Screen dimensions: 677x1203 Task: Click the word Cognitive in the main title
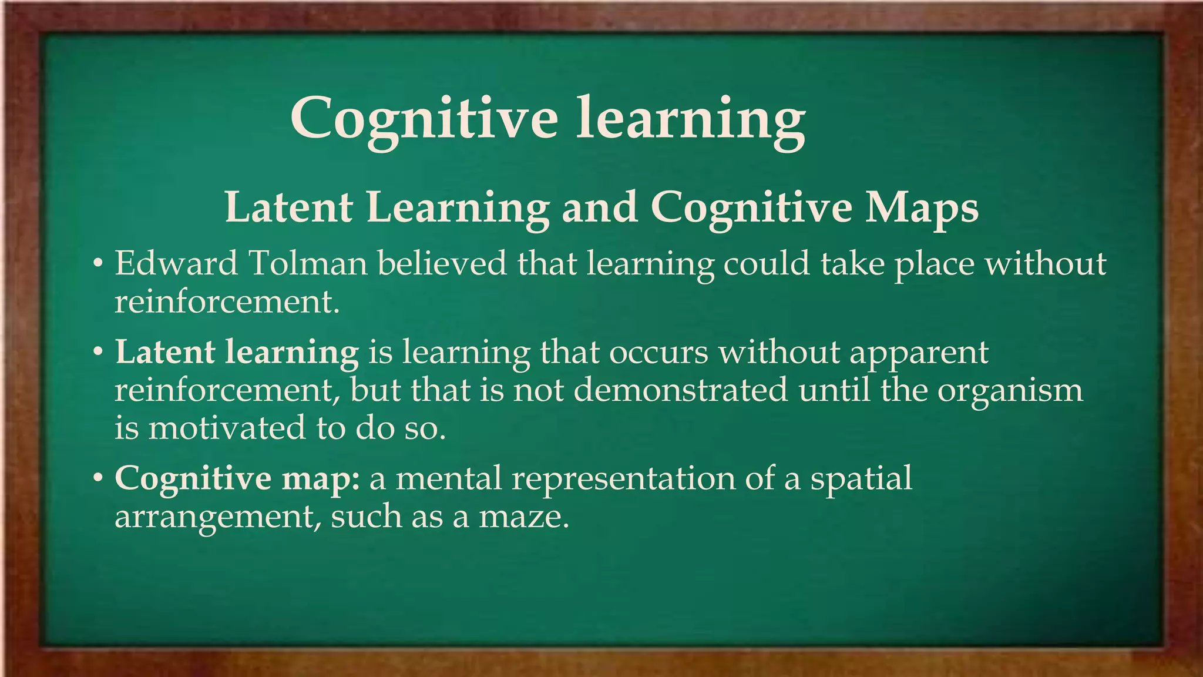pyautogui.click(x=424, y=119)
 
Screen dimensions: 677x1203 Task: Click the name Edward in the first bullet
pyautogui.click(x=176, y=263)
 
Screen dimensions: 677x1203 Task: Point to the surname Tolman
pyautogui.click(x=308, y=263)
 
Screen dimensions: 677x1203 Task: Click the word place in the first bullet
pyautogui.click(x=935, y=264)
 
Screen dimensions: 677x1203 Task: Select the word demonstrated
pyautogui.click(x=681, y=390)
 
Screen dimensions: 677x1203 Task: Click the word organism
pyautogui.click(x=1010, y=391)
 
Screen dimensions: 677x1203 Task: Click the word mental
pyautogui.click(x=449, y=478)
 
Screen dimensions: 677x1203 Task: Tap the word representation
pyautogui.click(x=623, y=479)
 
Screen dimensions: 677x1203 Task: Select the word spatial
pyautogui.click(x=861, y=479)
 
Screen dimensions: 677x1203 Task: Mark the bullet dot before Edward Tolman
pyautogui.click(x=99, y=264)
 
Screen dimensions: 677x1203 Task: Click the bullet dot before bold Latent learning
pyautogui.click(x=99, y=353)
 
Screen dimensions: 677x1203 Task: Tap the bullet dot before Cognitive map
pyautogui.click(x=99, y=478)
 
